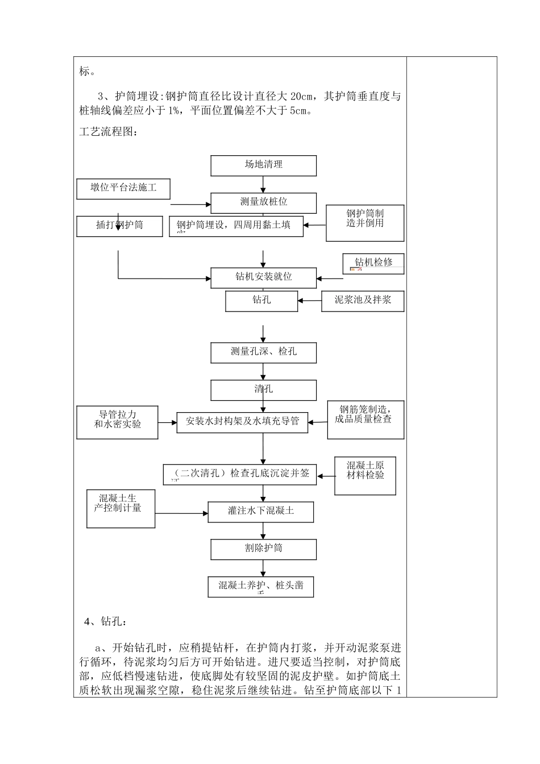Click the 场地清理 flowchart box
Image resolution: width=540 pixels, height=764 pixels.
[263, 165]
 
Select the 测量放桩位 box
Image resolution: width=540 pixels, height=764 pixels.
[263, 202]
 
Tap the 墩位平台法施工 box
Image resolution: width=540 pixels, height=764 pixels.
[123, 188]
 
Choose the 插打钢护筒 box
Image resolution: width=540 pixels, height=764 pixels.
[119, 226]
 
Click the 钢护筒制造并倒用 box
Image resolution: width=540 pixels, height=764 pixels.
[365, 223]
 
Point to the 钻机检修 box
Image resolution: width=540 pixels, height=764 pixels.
[373, 264]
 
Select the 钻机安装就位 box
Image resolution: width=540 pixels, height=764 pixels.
[263, 277]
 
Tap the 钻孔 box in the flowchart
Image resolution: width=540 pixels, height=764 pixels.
[261, 301]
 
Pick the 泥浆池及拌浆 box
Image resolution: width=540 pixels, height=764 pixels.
[363, 301]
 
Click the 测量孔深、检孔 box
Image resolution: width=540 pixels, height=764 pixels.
[263, 352]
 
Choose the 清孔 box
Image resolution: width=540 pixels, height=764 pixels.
[263, 390]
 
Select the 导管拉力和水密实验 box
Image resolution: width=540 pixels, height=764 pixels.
[118, 422]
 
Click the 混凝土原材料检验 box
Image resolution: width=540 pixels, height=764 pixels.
[365, 475]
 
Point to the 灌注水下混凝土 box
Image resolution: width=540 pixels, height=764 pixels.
[261, 511]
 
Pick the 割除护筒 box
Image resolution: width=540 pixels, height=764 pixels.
[263, 549]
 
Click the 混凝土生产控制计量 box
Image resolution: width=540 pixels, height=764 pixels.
[121, 508]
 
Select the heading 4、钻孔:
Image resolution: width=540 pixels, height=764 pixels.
[106, 621]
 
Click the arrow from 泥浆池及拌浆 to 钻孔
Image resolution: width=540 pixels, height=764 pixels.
[309, 301]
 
